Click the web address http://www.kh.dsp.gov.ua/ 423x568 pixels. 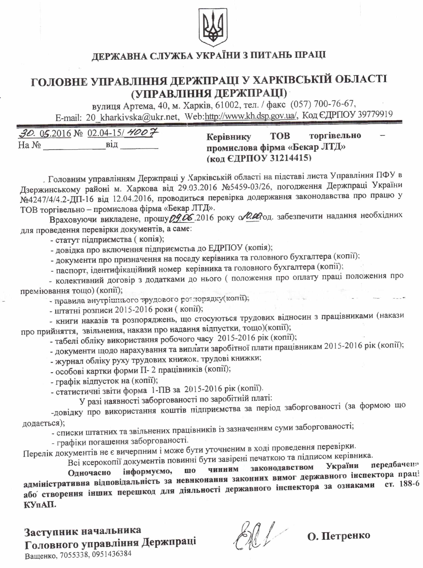(251, 116)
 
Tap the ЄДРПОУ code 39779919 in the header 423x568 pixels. (375, 114)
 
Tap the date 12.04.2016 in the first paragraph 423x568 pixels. (133, 199)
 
